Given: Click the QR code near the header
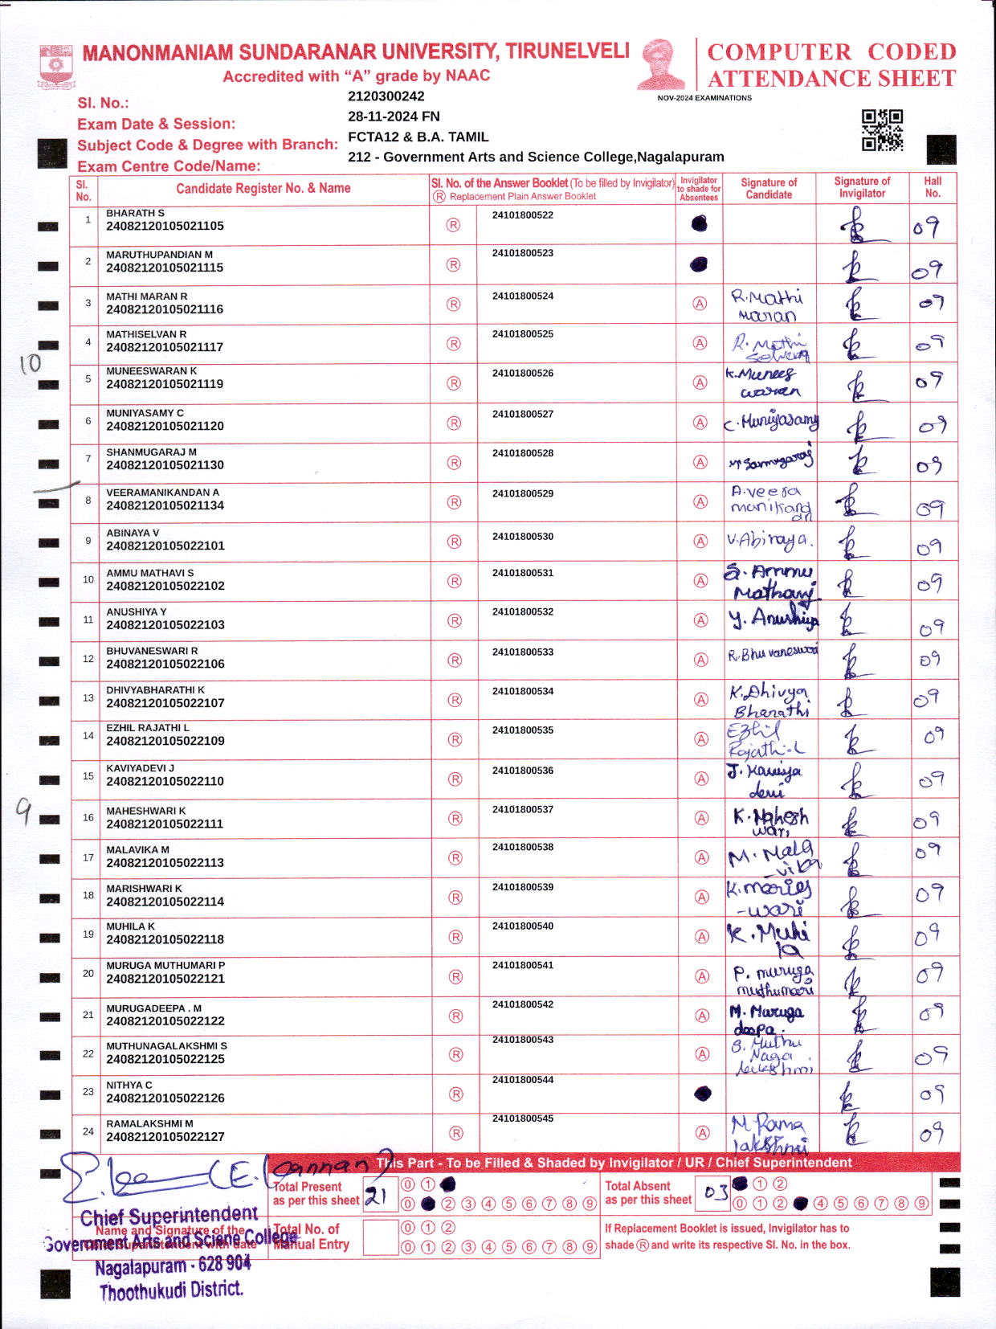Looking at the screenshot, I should click(x=882, y=130).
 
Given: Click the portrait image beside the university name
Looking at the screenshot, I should click(x=661, y=64).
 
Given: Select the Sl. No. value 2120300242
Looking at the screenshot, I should click(x=386, y=96).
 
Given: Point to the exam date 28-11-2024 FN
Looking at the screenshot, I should click(x=394, y=117).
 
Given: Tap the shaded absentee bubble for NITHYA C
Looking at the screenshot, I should click(x=702, y=1093).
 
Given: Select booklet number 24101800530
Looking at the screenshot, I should click(x=523, y=536).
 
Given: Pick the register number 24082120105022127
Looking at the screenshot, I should click(x=165, y=1137).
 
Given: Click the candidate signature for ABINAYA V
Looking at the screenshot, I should click(x=769, y=541).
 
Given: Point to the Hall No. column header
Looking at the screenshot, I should click(x=933, y=187).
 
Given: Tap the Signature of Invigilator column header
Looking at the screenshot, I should click(x=862, y=187).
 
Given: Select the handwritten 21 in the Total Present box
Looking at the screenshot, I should click(x=376, y=1196).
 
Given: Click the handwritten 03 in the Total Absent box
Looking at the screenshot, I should click(x=716, y=1192).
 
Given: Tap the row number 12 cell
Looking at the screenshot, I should click(x=88, y=659).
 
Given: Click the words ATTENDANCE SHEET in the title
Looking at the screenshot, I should click(x=831, y=79).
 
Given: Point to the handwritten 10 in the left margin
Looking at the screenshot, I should click(x=30, y=363).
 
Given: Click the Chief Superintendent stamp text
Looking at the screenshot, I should click(x=169, y=1217).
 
